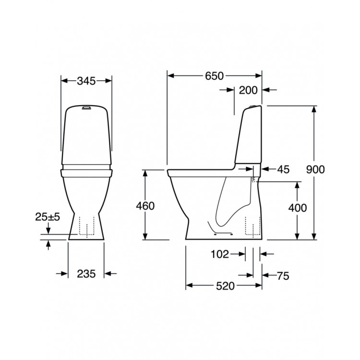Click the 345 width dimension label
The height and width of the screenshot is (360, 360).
point(86,81)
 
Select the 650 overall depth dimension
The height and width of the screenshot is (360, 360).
point(215,76)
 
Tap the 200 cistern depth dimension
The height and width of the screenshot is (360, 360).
point(248,90)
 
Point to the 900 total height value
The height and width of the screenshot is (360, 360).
point(315,169)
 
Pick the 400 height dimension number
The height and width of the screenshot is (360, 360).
point(297,207)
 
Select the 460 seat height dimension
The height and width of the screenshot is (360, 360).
point(145,206)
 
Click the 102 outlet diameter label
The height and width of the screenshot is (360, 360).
point(220,254)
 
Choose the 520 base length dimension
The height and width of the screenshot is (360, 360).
point(224,286)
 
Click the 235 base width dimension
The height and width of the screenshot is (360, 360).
point(86,274)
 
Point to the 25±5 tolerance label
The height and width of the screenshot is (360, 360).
point(48,217)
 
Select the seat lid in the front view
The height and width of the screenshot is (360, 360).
point(86,169)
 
